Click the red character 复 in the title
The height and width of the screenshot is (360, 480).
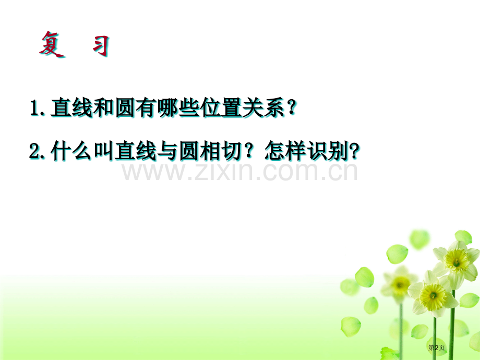(52, 44)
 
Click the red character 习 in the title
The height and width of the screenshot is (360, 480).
(101, 46)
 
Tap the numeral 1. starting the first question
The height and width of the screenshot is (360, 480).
(38, 108)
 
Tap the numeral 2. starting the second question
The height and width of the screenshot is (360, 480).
(37, 151)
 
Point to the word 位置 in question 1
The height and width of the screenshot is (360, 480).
(222, 108)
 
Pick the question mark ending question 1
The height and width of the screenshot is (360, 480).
(292, 108)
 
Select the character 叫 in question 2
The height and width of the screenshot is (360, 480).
(104, 151)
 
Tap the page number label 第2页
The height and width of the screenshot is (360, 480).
(436, 347)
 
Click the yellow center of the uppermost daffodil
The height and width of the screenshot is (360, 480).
(456, 260)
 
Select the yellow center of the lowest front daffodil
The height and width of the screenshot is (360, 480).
(433, 296)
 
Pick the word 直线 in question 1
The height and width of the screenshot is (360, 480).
(71, 108)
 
